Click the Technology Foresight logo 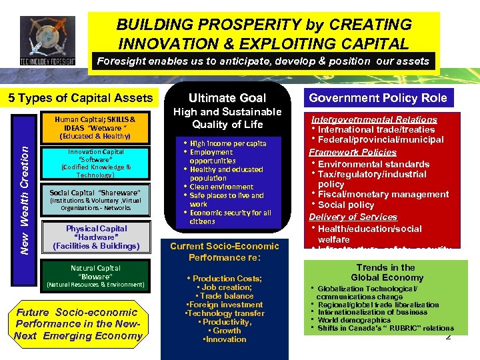[x=48, y=41]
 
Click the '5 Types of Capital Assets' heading [x=81, y=98]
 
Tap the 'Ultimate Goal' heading [x=227, y=97]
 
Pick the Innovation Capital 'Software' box [x=96, y=163]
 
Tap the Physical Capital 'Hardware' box [x=96, y=237]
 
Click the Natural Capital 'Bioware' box [x=96, y=276]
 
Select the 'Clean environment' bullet [x=221, y=187]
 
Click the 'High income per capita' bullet [x=227, y=143]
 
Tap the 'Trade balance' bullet [x=224, y=295]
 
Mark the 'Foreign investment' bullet [x=224, y=304]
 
